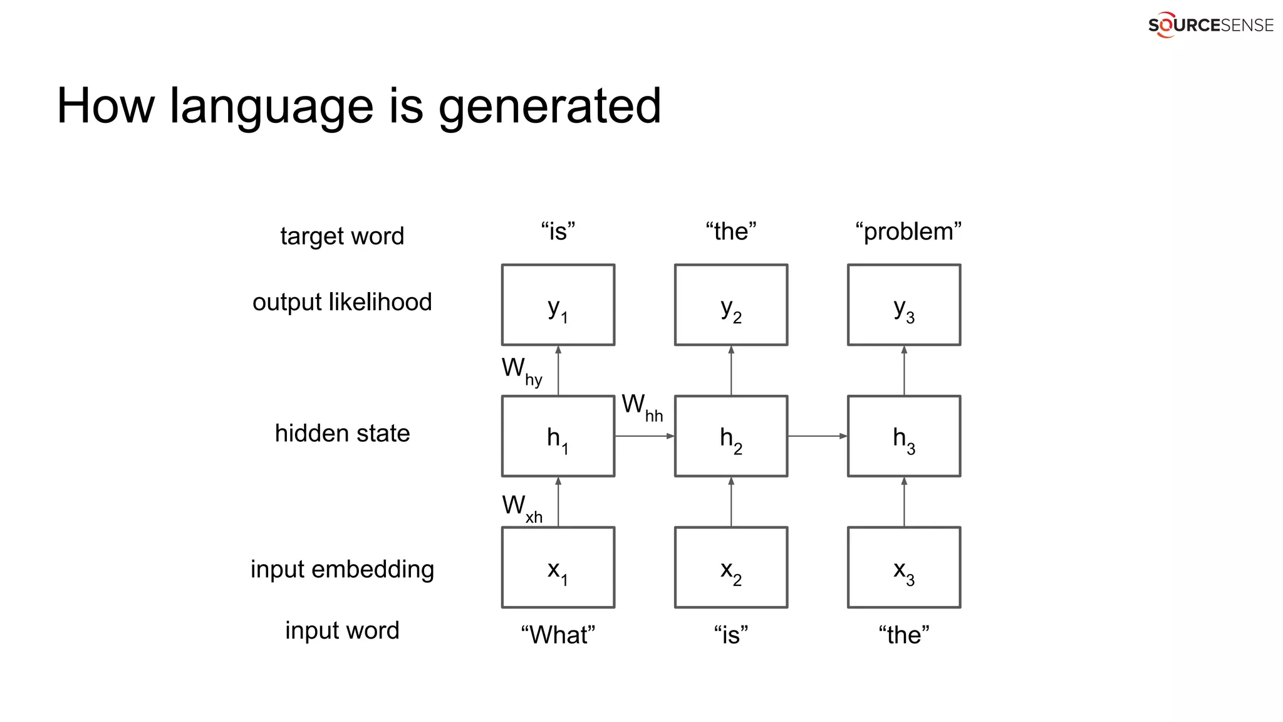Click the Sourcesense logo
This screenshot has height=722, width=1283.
1210,25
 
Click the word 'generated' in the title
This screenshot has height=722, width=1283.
549,107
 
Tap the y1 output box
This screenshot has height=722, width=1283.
558,305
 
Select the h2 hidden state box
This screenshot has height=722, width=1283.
730,436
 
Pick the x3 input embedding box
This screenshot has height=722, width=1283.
903,567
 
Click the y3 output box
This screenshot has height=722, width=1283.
903,305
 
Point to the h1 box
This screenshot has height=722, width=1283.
558,436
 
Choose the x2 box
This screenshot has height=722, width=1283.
730,567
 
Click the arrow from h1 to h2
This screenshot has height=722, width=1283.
644,436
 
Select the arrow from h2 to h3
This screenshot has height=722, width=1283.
817,436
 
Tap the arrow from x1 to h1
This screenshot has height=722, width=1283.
558,501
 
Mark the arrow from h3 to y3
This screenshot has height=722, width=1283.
904,370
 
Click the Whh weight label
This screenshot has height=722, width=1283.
642,407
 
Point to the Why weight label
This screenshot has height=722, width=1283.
522,371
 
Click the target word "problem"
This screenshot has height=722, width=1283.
908,231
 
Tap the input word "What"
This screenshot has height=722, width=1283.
558,634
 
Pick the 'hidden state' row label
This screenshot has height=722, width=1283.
342,433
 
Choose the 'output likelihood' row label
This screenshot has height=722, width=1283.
342,302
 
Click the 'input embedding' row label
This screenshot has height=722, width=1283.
342,569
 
